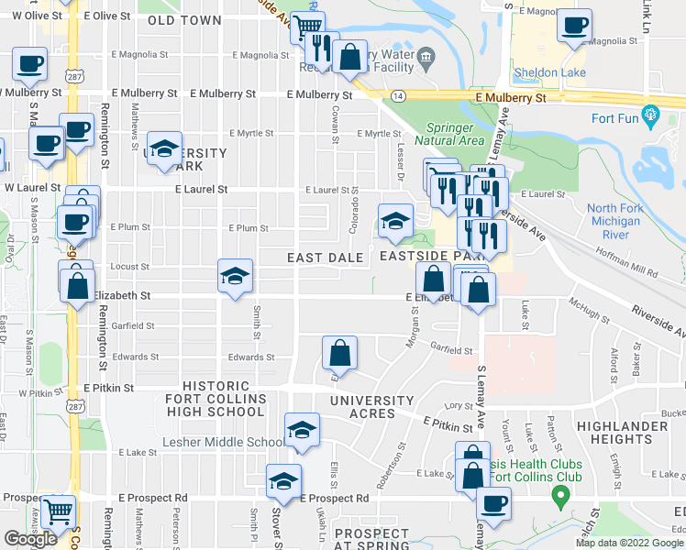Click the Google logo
tap(30, 539)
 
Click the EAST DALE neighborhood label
tap(325, 258)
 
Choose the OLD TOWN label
tap(184, 19)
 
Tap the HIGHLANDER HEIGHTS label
tap(642, 433)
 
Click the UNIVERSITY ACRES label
tap(373, 407)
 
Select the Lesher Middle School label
tap(214, 442)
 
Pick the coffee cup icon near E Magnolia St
tap(575, 27)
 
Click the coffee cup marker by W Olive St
tap(29, 64)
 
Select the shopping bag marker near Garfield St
tap(339, 353)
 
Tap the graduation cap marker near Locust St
tap(235, 274)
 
